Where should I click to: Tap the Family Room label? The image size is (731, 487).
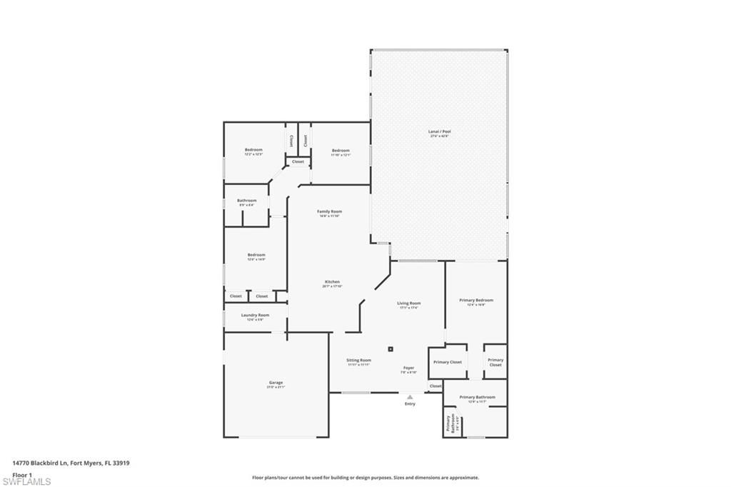pos(330,213)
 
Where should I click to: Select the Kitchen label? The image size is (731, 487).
pos(333,283)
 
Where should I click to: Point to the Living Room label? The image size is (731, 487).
pos(409,304)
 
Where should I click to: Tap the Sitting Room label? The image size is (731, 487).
pos(359,361)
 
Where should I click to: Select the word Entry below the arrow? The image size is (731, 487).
pos(410,404)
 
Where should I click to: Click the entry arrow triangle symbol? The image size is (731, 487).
pos(410,396)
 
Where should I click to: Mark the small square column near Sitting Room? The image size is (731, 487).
pos(390,349)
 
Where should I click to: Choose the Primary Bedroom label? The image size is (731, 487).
pos(475,301)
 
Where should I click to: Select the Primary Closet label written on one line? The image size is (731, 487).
pos(448,362)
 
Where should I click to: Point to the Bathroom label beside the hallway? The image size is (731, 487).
pos(246,201)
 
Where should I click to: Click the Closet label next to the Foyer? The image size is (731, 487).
pos(435,386)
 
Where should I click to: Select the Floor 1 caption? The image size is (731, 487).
pos(21,473)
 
